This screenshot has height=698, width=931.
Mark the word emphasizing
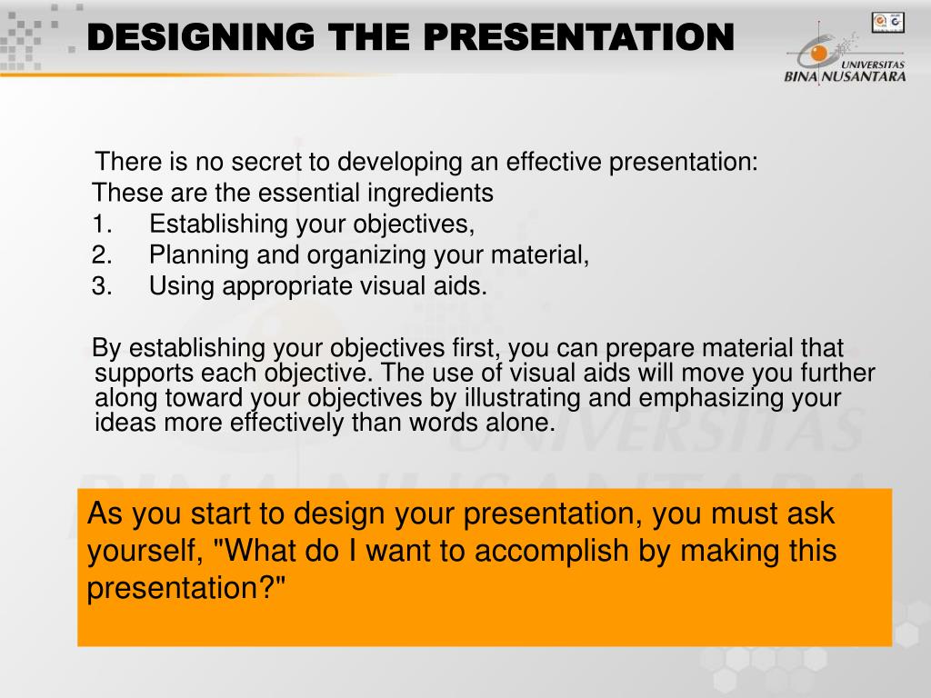click(x=706, y=398)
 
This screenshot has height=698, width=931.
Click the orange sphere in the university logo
click(x=819, y=55)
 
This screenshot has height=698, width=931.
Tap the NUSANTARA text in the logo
click(x=865, y=77)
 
